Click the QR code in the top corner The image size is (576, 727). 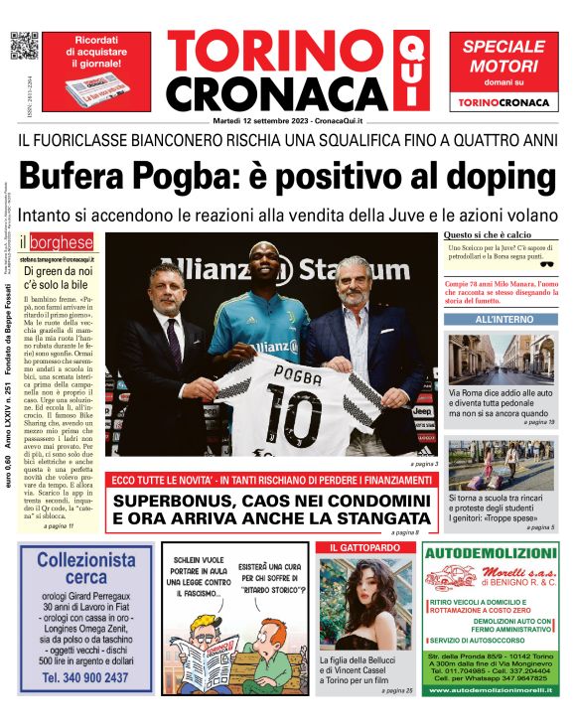[24, 47]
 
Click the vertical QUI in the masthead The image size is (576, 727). [408, 70]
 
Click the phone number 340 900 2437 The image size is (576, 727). [86, 677]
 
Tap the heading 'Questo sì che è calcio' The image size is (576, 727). [488, 235]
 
